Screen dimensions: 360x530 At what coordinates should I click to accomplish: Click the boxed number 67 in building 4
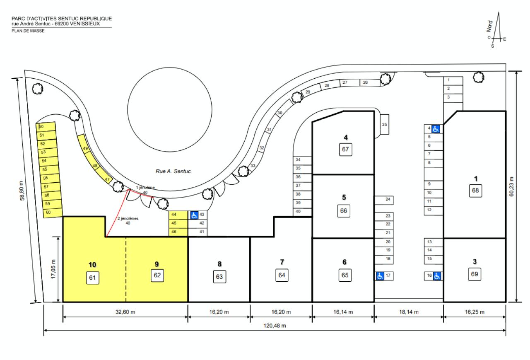click(x=346, y=149)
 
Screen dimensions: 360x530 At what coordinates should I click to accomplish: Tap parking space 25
click(x=384, y=125)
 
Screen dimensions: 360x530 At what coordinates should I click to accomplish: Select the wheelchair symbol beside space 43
click(x=194, y=215)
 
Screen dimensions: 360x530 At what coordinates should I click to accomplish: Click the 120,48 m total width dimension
click(x=274, y=325)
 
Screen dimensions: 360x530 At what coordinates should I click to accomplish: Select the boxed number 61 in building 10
click(x=92, y=278)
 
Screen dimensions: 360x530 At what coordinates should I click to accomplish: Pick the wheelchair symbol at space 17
click(x=380, y=275)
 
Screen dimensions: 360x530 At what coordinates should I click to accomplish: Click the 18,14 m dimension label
click(x=409, y=312)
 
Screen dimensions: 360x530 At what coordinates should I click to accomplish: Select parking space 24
click(x=384, y=200)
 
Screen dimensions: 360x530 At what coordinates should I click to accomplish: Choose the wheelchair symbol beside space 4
click(x=436, y=129)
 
